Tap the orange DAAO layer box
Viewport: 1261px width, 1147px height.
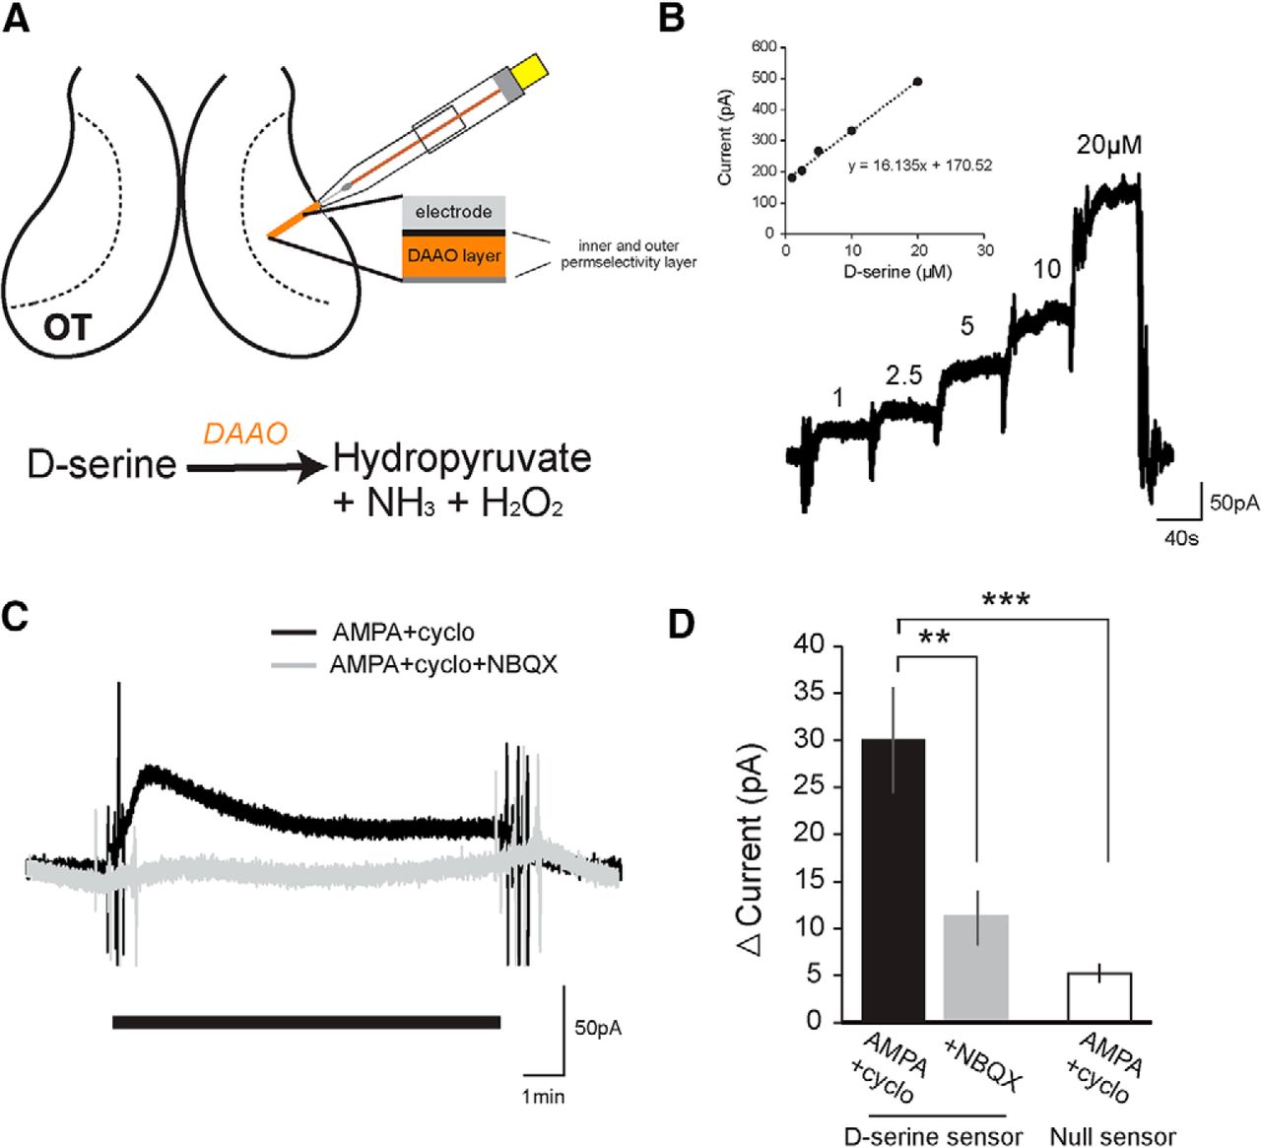454,255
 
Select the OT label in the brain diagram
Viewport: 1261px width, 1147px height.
67,327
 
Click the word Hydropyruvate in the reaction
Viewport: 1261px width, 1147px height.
462,458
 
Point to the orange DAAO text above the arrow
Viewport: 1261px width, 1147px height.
244,434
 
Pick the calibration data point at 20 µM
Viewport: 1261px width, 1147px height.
918,82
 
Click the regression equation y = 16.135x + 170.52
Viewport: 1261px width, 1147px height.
920,166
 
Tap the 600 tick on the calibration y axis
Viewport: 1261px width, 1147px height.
763,46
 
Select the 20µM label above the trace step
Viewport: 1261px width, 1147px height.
1109,145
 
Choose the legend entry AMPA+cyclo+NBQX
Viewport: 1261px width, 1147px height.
443,665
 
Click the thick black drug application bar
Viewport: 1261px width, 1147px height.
306,1022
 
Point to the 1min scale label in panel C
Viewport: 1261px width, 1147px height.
544,1096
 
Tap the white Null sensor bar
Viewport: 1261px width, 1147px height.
1099,996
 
